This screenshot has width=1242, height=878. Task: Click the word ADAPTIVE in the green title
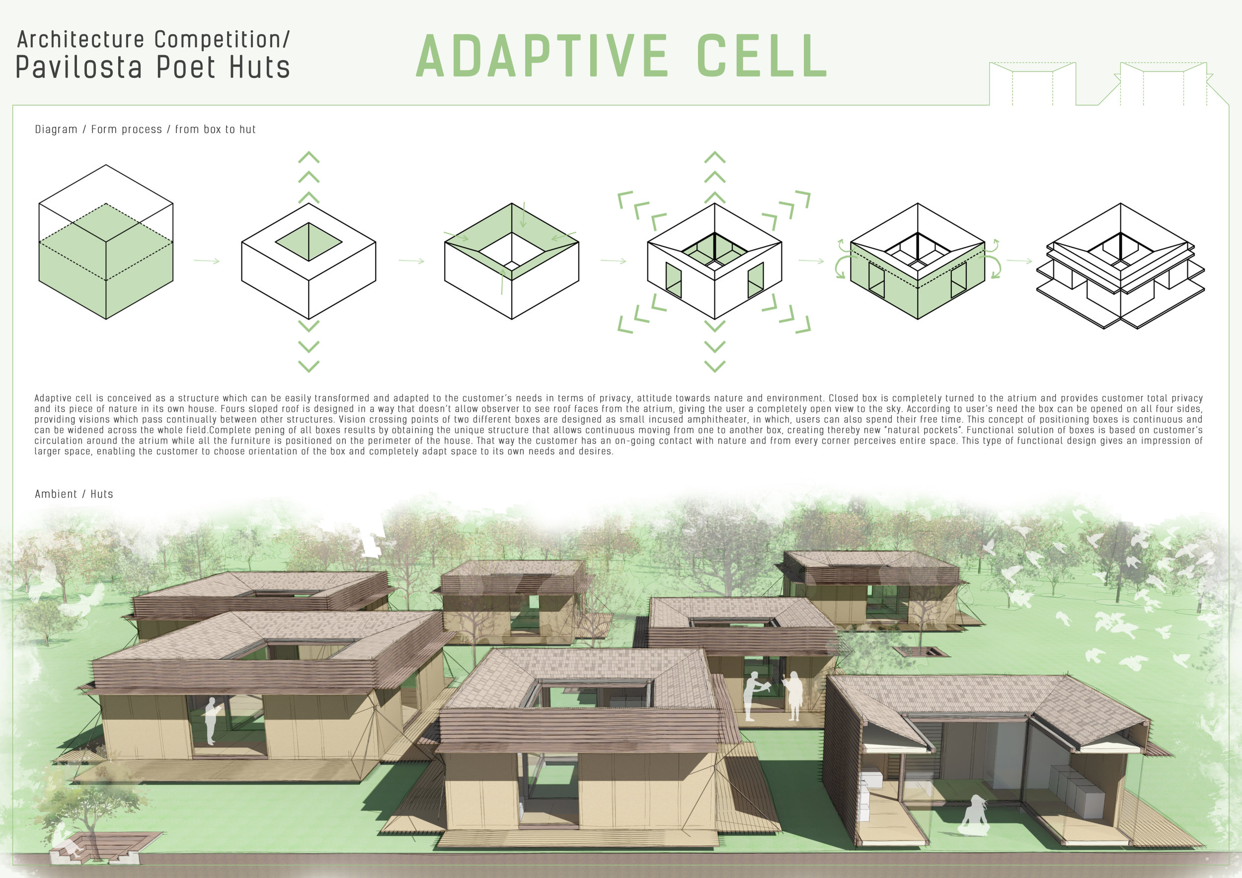[x=543, y=56]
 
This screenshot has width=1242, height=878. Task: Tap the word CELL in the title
[x=762, y=56]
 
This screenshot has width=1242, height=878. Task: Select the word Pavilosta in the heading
[x=79, y=67]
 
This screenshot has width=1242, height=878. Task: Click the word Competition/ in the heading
[x=222, y=39]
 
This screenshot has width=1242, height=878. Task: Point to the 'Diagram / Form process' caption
[x=98, y=129]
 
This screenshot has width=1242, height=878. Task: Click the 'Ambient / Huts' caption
[x=74, y=494]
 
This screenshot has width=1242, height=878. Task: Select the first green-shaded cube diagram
[x=106, y=242]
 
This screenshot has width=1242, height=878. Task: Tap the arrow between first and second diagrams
[x=207, y=261]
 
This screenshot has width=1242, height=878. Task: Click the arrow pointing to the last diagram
[x=1019, y=261]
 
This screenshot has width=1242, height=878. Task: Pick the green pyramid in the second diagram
[x=309, y=242]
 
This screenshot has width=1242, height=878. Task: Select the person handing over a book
[x=754, y=696]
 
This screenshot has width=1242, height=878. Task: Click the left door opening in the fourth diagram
[x=674, y=280]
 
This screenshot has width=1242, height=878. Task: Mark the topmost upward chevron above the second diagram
[x=309, y=157]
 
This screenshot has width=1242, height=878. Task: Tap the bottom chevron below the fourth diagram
[x=714, y=366]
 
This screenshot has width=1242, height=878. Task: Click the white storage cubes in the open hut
[x=1077, y=791]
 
